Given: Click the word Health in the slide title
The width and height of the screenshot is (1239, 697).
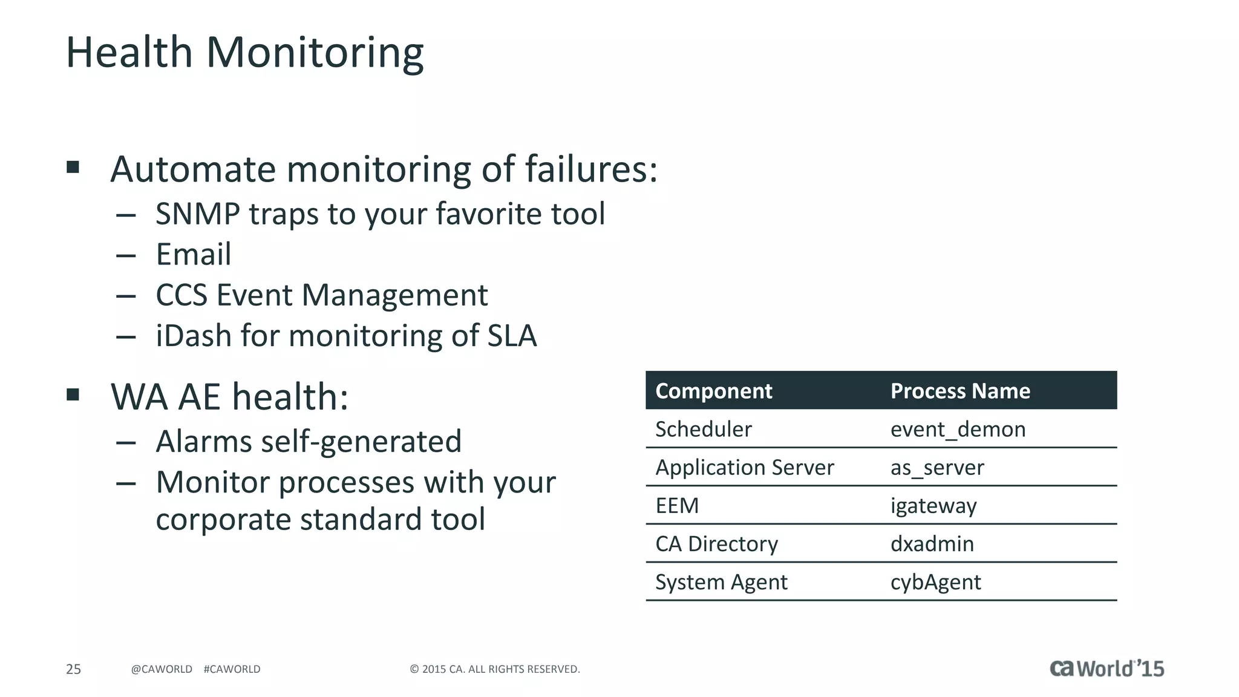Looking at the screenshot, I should click(129, 53).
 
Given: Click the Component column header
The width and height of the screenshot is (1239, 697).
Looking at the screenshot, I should click(713, 391).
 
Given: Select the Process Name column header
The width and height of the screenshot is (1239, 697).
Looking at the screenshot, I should click(959, 391).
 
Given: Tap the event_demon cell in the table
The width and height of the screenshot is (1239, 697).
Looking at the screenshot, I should click(957, 430).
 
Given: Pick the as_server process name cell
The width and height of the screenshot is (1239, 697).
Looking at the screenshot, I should click(937, 468).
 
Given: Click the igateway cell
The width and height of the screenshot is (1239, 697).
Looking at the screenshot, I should click(933, 506).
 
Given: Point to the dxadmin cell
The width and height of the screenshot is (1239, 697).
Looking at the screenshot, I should click(932, 544).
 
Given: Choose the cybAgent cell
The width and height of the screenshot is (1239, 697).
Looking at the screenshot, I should click(935, 582).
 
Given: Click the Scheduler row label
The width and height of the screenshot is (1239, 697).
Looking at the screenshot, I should click(703, 430).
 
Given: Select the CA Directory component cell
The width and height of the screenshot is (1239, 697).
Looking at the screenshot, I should click(716, 544).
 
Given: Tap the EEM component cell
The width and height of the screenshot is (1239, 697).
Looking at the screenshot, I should click(676, 506).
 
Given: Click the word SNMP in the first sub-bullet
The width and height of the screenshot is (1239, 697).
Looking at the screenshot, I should click(197, 214).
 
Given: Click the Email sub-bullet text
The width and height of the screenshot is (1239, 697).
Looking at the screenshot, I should click(194, 254).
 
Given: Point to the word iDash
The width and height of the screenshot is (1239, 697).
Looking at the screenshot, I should click(194, 336).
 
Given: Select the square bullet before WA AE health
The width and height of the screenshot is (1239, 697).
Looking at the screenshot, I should click(73, 395).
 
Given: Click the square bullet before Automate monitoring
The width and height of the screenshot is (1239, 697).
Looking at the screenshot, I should click(73, 167).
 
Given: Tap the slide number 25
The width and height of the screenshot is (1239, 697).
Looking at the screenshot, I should click(73, 669).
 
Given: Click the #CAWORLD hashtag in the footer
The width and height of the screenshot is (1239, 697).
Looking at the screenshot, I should click(232, 669).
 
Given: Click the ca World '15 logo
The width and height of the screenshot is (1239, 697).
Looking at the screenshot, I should click(1106, 669).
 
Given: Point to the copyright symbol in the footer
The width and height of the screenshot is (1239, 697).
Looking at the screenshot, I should click(414, 669).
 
